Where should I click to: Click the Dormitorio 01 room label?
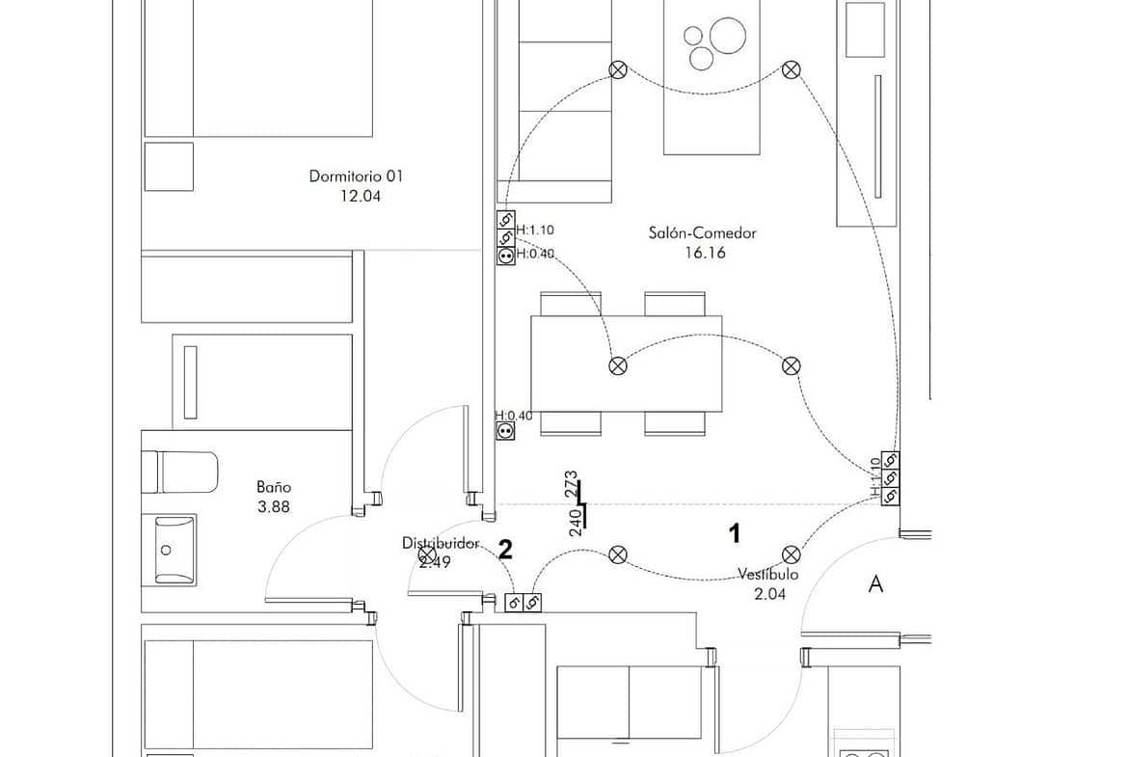pyautogui.click(x=356, y=176)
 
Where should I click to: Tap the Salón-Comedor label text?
pyautogui.click(x=702, y=233)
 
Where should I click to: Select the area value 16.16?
pyautogui.click(x=705, y=253)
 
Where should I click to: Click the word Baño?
pyautogui.click(x=274, y=488)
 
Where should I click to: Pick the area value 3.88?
pyautogui.click(x=274, y=507)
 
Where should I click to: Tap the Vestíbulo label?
pyautogui.click(x=768, y=575)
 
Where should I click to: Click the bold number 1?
pyautogui.click(x=735, y=533)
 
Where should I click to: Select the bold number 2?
pyautogui.click(x=505, y=550)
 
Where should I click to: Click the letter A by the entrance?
pyautogui.click(x=875, y=584)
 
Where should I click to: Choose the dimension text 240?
pyautogui.click(x=576, y=523)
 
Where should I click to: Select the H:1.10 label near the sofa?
pyautogui.click(x=535, y=230)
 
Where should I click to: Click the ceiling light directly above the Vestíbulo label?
pyautogui.click(x=791, y=554)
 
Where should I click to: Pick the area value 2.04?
pyautogui.click(x=769, y=594)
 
